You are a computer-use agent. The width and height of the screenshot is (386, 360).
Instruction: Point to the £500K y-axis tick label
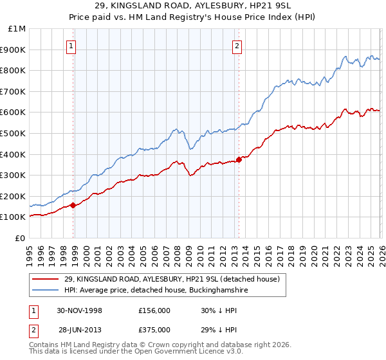point(15,133)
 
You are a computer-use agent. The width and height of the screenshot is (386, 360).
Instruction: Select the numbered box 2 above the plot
point(237,46)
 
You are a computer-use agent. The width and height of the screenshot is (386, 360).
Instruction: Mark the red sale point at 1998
point(73,206)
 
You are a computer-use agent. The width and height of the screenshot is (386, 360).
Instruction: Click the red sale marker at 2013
point(239,159)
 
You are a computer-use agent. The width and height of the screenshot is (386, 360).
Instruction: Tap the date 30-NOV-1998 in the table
point(80,310)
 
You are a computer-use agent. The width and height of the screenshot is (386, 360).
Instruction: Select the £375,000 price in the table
point(154,329)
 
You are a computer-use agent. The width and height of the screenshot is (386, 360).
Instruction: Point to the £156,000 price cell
point(154,310)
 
